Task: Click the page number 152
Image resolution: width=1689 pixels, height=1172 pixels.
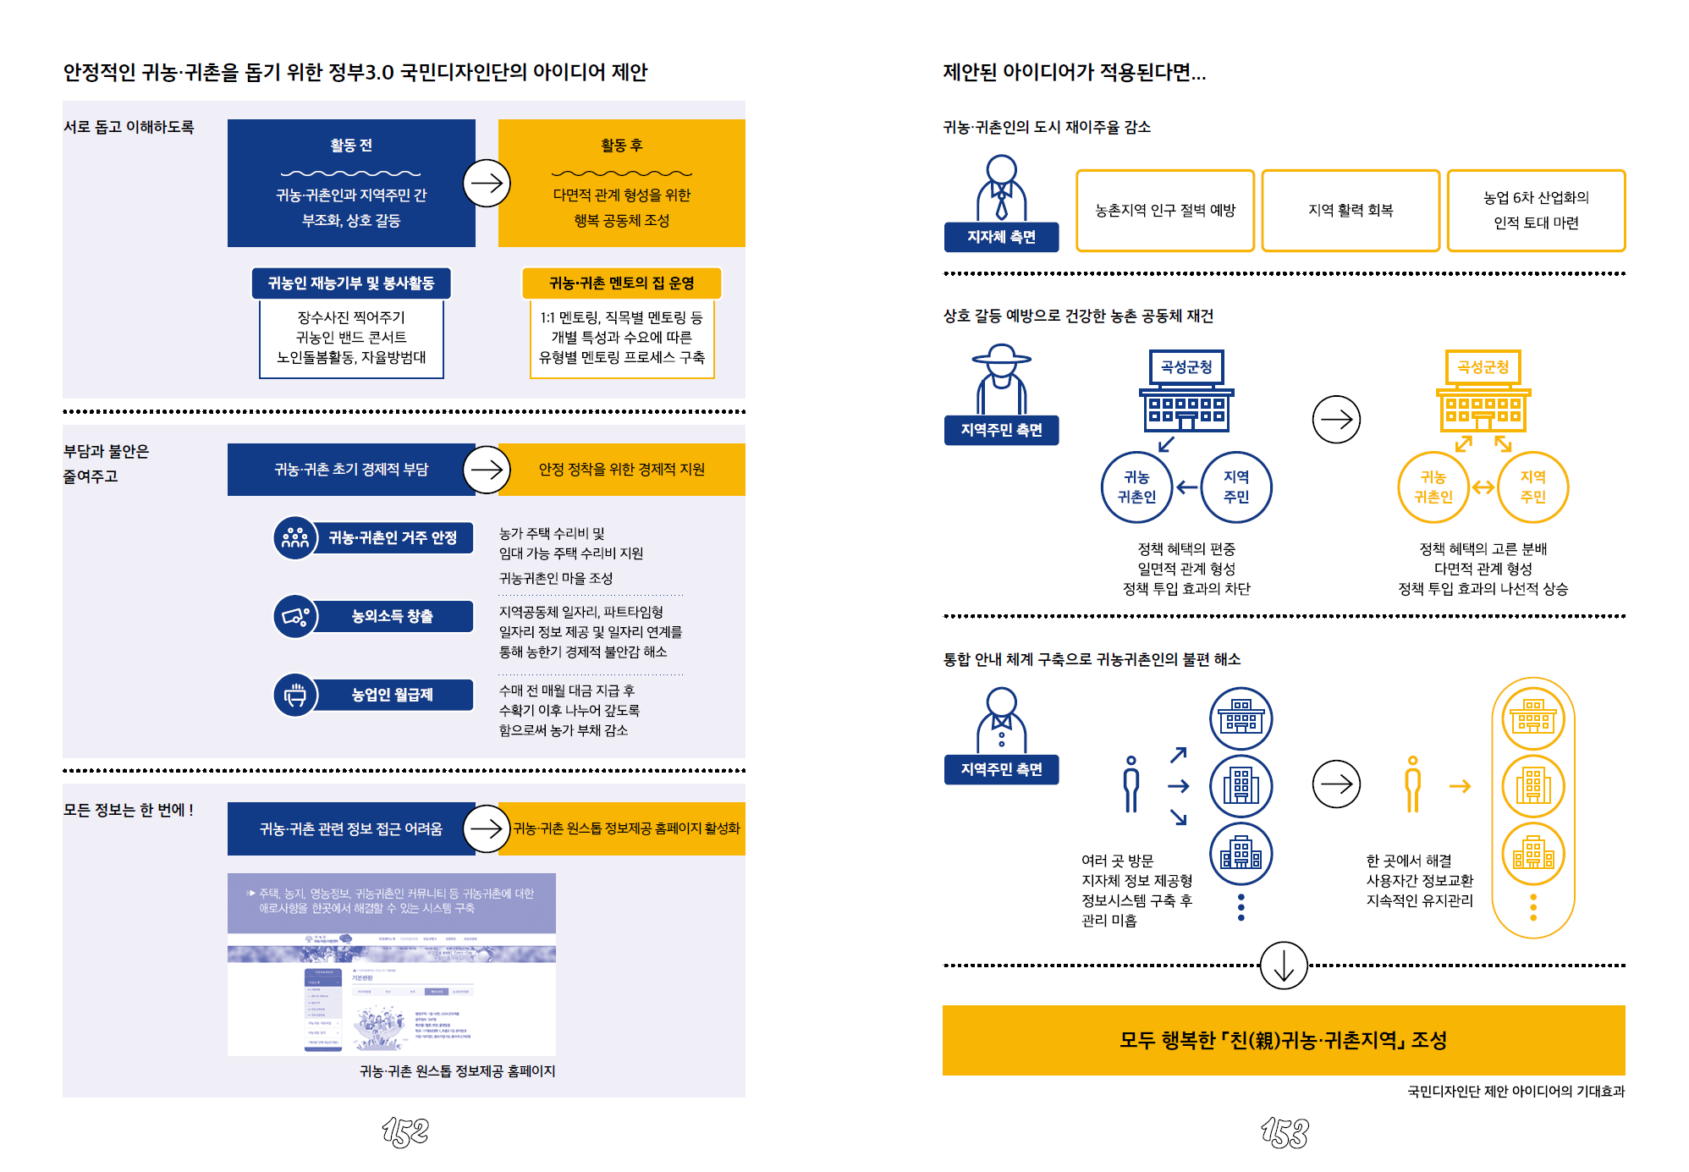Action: (405, 1131)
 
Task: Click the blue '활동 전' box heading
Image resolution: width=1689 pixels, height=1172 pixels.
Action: (351, 146)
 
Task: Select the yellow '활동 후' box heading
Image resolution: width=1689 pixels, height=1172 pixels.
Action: (622, 146)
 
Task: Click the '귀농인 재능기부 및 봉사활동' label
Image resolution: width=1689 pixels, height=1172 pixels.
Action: (351, 283)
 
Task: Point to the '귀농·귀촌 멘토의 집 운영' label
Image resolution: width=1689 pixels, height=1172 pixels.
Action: (622, 283)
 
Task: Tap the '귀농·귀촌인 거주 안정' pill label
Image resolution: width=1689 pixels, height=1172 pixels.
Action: (393, 538)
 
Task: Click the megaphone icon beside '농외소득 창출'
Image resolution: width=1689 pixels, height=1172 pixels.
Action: (295, 616)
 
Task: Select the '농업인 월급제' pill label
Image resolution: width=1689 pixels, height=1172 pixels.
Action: (393, 695)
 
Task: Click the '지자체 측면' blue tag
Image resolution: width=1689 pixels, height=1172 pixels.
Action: (1001, 237)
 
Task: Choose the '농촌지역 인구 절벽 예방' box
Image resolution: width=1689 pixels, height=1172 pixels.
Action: (1165, 211)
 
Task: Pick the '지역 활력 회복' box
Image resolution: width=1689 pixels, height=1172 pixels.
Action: (1351, 211)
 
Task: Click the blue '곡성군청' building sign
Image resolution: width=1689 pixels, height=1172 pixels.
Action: (1186, 367)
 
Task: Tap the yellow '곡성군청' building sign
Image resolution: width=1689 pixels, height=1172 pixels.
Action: (1483, 367)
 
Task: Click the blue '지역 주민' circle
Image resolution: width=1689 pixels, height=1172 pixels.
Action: (1236, 487)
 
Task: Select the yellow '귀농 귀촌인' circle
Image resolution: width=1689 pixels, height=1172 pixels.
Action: (1433, 487)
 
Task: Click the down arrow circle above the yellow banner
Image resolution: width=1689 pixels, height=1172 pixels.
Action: (1284, 966)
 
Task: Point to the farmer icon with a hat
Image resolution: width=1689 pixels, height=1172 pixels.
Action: (1002, 377)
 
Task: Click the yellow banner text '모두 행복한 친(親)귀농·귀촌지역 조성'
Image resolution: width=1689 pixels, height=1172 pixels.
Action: (1284, 1040)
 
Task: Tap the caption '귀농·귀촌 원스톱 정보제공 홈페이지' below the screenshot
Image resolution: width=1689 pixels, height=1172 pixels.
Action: (458, 1071)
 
